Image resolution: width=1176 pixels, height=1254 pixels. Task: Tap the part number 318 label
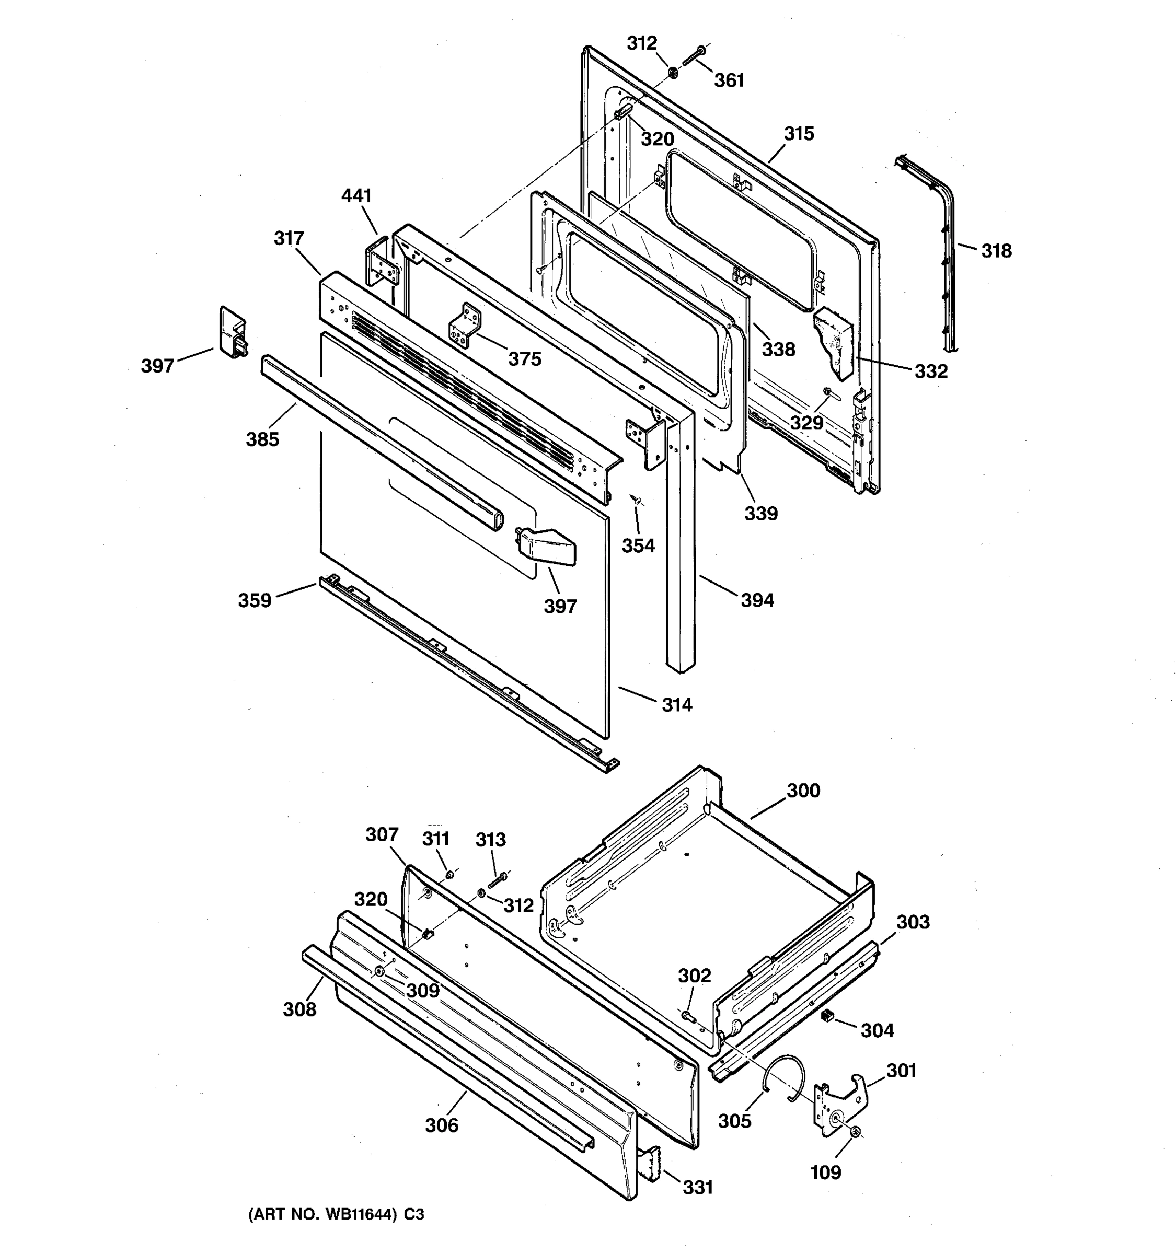996,250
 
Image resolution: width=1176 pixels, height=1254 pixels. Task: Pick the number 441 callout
356,195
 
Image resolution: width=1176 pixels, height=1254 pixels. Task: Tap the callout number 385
262,439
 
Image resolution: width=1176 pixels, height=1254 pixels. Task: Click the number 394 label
756,600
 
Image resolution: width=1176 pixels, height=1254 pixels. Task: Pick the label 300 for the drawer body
803,791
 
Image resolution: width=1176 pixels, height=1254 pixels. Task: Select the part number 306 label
441,1125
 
